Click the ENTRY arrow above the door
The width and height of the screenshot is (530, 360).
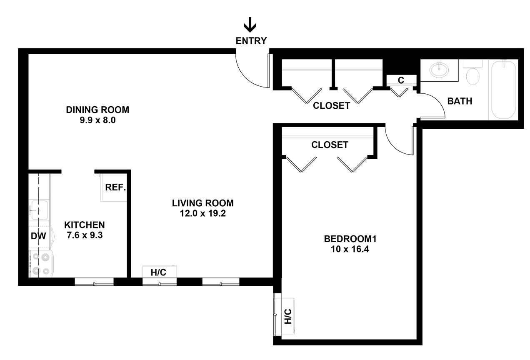(250, 25)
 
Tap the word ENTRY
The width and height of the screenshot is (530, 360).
(251, 41)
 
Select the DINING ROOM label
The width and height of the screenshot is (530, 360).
(97, 110)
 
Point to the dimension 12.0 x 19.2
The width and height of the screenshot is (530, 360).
(203, 213)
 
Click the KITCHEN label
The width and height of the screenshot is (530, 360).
(85, 225)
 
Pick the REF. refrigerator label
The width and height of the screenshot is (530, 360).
(115, 187)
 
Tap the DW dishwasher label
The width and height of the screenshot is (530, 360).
(38, 236)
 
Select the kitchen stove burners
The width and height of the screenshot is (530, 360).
(40, 263)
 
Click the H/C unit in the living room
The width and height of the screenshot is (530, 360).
(160, 272)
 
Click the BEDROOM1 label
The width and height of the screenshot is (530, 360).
(350, 239)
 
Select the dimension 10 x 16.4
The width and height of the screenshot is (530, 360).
(350, 249)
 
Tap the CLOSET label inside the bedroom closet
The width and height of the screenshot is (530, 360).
(330, 145)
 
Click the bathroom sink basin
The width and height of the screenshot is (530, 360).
(439, 70)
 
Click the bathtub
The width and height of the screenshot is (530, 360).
(503, 90)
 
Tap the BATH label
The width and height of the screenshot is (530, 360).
(460, 101)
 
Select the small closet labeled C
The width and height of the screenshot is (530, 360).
(401, 80)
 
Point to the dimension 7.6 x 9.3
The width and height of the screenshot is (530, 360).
(85, 235)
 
